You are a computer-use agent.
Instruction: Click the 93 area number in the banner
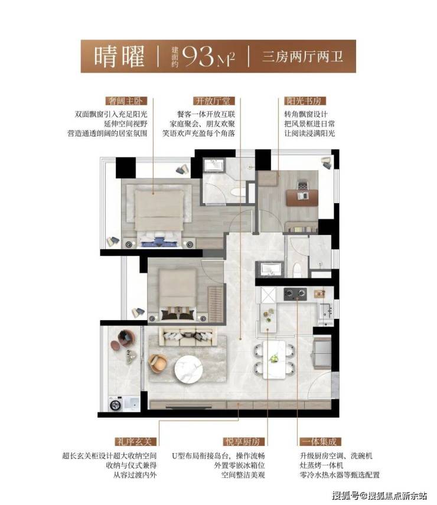(198, 57)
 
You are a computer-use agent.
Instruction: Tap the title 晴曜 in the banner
(119, 57)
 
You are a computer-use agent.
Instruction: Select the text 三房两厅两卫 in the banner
(302, 57)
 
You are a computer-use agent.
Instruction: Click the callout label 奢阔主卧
(126, 101)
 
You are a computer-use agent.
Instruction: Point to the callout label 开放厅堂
(214, 101)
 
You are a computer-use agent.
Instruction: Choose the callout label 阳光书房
(305, 101)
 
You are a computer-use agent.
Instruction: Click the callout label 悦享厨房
(243, 441)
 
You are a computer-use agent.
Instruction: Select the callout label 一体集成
(320, 441)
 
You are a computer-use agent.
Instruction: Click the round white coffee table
(188, 369)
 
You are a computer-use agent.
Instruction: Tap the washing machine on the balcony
(116, 404)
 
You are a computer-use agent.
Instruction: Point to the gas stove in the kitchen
(295, 294)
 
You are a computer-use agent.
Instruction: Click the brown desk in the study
(302, 197)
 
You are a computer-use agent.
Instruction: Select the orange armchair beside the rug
(158, 364)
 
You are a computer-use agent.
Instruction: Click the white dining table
(274, 360)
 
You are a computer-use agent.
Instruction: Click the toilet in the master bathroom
(237, 192)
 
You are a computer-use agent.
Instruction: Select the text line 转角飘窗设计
(306, 115)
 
